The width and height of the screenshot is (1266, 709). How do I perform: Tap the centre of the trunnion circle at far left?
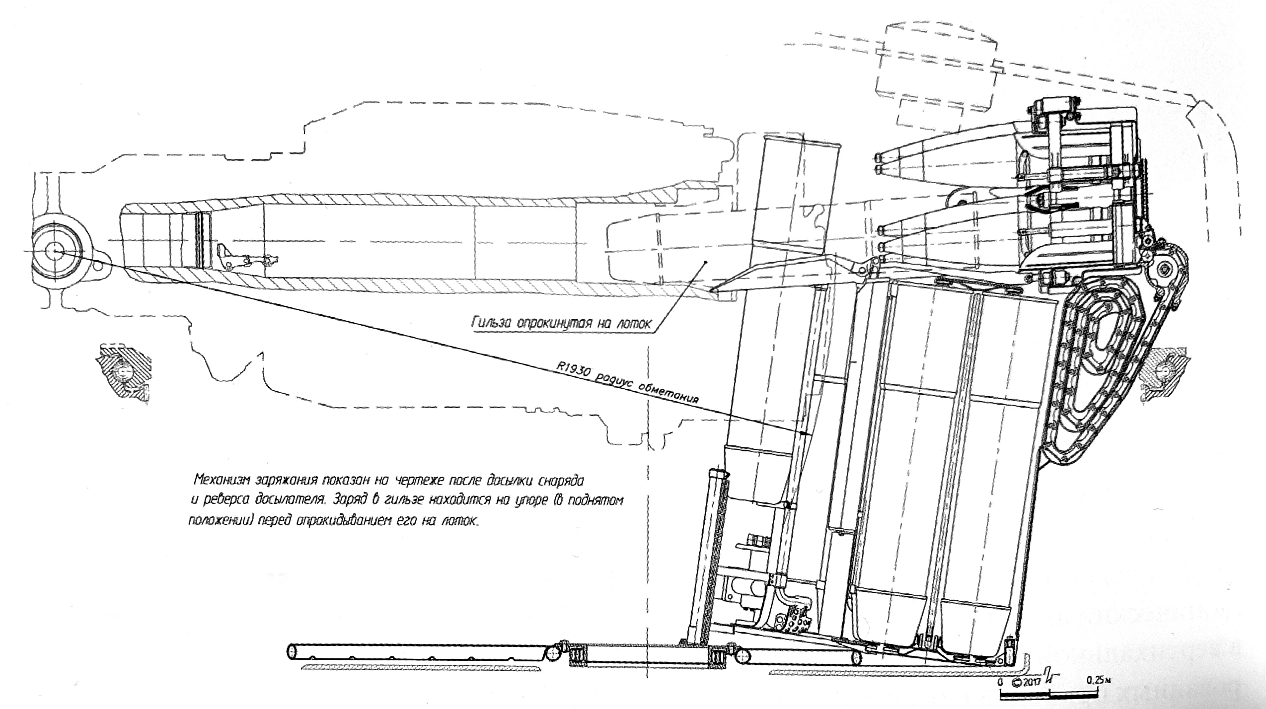56,252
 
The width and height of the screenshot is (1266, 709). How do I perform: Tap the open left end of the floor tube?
292,650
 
